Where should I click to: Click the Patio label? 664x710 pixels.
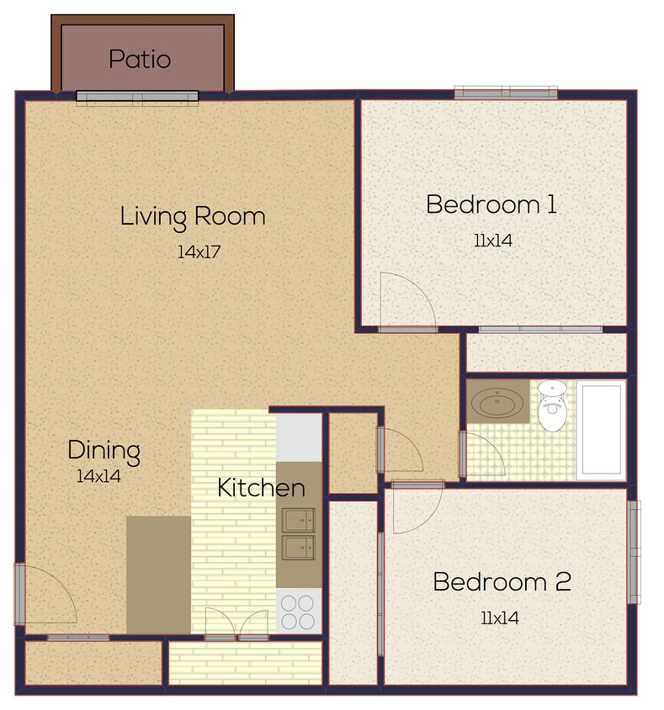click(x=140, y=60)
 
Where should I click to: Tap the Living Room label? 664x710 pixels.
click(x=193, y=216)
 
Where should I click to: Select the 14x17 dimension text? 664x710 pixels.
click(x=199, y=252)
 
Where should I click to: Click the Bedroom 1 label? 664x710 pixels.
click(x=491, y=204)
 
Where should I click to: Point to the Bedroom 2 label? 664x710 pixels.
click(x=502, y=581)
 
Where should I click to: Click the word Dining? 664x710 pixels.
click(x=104, y=450)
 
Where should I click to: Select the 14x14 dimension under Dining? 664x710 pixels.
click(x=98, y=475)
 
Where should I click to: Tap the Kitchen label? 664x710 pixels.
click(x=261, y=487)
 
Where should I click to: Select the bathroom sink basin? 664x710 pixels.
click(x=497, y=402)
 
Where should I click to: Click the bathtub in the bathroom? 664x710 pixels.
click(x=601, y=429)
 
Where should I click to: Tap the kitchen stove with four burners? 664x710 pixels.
click(x=299, y=611)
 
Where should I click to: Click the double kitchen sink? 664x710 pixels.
click(x=299, y=533)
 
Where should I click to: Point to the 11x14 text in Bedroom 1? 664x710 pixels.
click(x=493, y=241)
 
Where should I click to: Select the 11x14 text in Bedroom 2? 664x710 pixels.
click(x=499, y=618)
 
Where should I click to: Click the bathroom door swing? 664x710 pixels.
click(x=483, y=454)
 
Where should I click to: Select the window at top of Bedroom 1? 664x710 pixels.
click(x=506, y=93)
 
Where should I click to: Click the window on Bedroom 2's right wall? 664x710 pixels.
click(x=634, y=551)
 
